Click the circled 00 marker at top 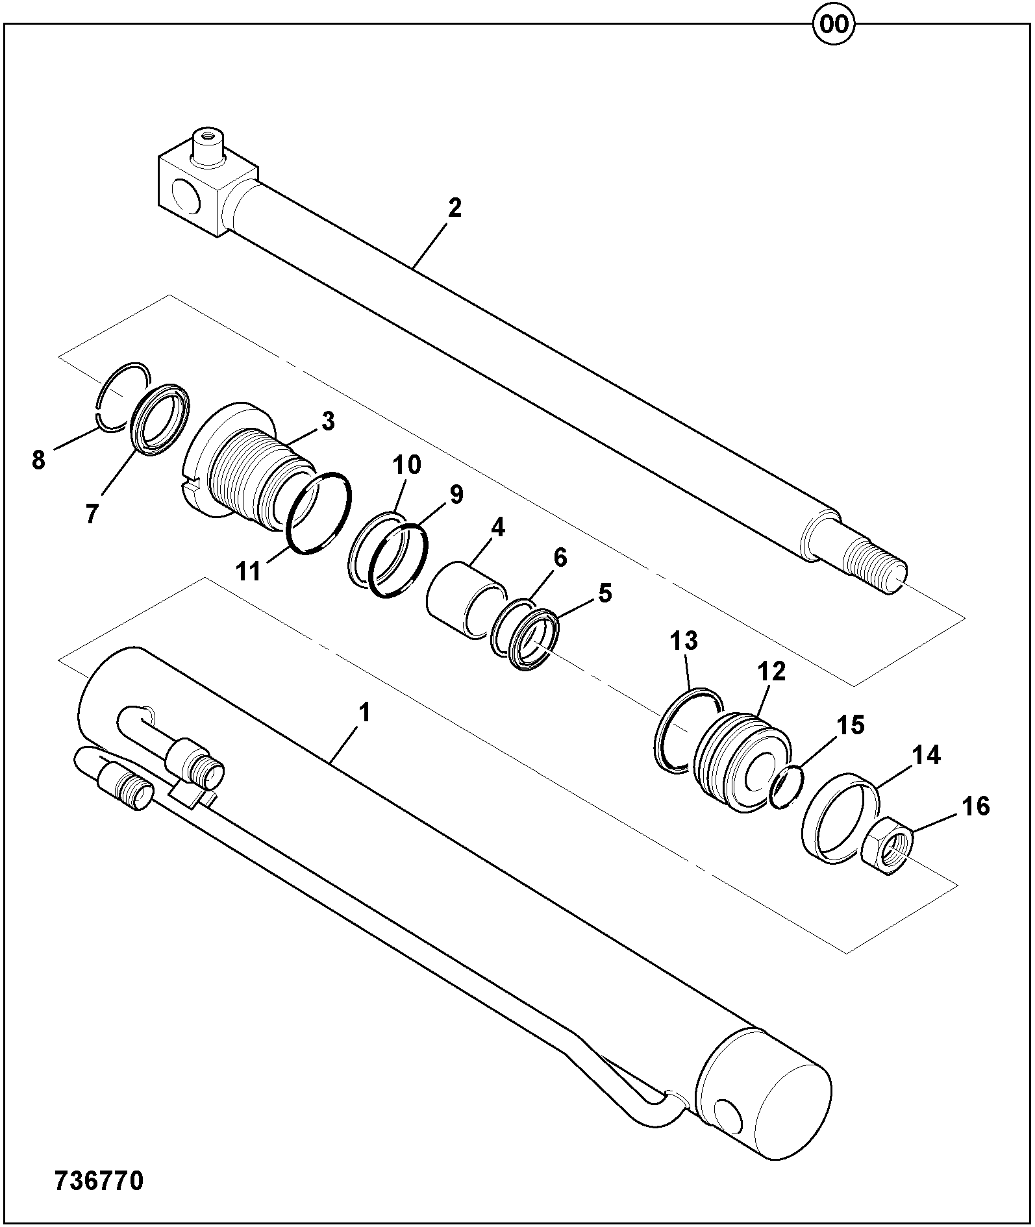[834, 25]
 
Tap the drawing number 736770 [99, 1181]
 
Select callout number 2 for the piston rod [455, 208]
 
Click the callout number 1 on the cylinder [364, 713]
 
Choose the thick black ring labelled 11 [319, 513]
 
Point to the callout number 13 [684, 641]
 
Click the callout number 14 [927, 755]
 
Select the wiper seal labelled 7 [160, 418]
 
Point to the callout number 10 [406, 465]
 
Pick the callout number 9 [456, 495]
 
